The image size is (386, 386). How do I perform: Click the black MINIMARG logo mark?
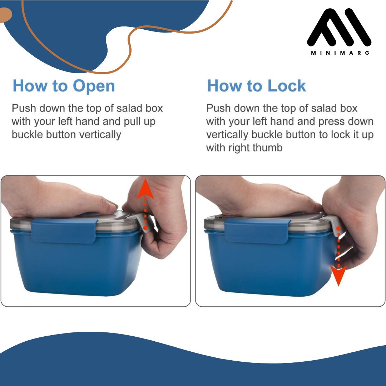tap(339, 27)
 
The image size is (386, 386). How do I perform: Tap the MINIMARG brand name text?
tap(340, 53)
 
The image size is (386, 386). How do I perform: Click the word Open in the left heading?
tap(94, 86)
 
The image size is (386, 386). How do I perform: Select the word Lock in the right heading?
tap(287, 86)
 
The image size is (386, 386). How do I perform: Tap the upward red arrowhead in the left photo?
tap(145, 189)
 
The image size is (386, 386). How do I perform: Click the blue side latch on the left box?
tap(64, 231)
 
